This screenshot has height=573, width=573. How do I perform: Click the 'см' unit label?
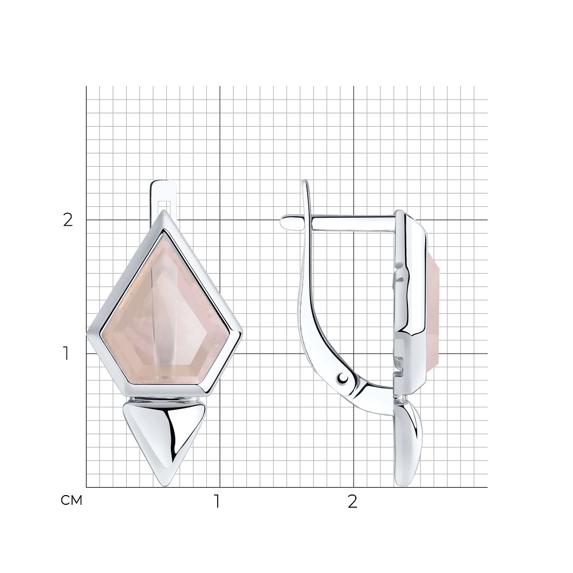click(72, 500)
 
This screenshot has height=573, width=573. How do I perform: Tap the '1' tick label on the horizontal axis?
click(217, 502)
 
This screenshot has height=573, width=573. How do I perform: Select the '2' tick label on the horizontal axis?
click(352, 502)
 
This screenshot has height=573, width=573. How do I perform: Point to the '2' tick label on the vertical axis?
click(68, 220)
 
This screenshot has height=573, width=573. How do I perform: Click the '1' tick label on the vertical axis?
click(66, 354)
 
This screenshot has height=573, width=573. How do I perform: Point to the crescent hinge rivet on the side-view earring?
click(343, 379)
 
